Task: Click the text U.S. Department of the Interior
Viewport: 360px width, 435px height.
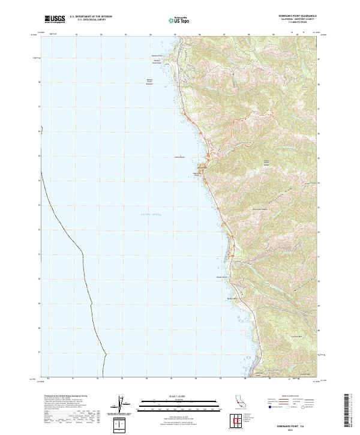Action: [91, 17]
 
